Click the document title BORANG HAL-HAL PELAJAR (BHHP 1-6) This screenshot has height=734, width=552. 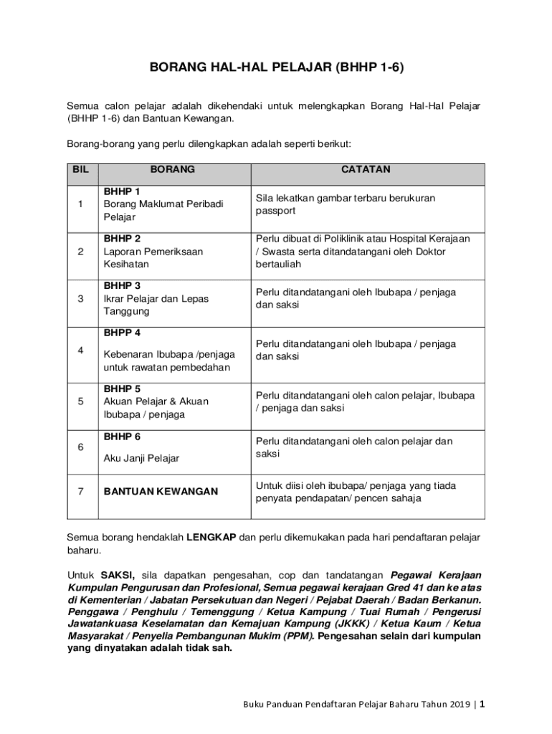click(276, 68)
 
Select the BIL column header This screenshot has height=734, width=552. click(81, 170)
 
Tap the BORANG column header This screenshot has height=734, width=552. click(172, 170)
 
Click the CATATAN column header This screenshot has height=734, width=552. click(366, 170)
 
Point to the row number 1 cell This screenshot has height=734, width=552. click(82, 204)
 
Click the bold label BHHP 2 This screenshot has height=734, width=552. click(122, 239)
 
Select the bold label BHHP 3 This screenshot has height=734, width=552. click(122, 286)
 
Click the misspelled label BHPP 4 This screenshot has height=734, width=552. click(122, 333)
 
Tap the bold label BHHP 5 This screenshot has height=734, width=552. click(122, 389)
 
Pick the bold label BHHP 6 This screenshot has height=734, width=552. click(122, 437)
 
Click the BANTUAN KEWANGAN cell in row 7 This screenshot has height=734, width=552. click(161, 492)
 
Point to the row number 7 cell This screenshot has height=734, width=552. click(82, 492)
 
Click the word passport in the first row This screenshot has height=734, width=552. click(275, 211)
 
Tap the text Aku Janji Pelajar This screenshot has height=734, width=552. click(142, 458)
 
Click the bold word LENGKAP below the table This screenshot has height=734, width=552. click(211, 537)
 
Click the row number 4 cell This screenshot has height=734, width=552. click(82, 351)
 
